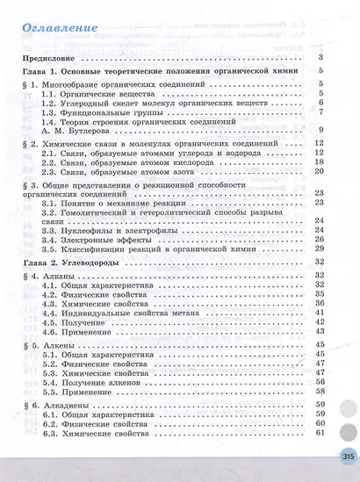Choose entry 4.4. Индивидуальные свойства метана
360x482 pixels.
click(x=122, y=312)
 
